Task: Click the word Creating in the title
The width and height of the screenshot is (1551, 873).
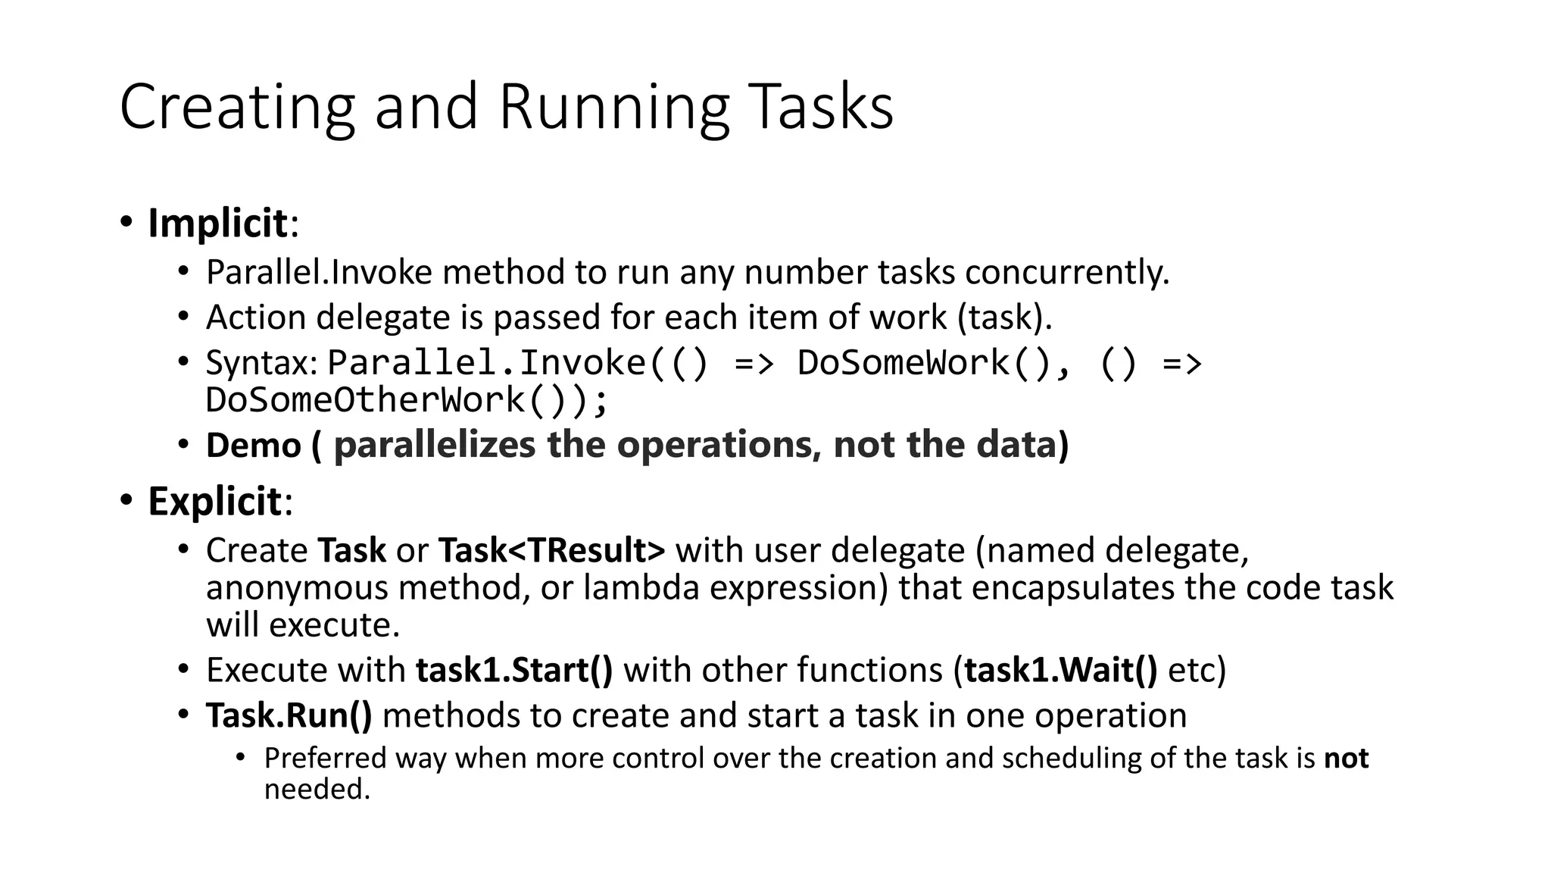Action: click(237, 108)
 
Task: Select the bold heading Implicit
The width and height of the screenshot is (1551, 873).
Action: click(217, 224)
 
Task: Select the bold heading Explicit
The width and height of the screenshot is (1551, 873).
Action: click(214, 502)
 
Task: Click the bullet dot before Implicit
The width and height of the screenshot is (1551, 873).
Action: click(126, 223)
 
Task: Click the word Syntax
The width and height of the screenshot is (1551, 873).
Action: click(261, 363)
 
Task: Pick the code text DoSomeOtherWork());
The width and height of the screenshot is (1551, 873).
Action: click(407, 400)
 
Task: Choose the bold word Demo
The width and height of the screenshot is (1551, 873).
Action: click(254, 445)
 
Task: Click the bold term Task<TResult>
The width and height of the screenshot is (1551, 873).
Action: click(551, 550)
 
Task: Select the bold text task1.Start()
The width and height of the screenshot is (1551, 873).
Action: click(514, 671)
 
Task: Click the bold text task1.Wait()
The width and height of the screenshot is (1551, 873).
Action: click(1060, 671)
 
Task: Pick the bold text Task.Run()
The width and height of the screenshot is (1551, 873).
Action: click(289, 716)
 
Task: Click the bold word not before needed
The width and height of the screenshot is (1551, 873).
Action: click(1346, 759)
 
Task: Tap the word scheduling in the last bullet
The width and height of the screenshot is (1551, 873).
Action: click(1070, 759)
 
